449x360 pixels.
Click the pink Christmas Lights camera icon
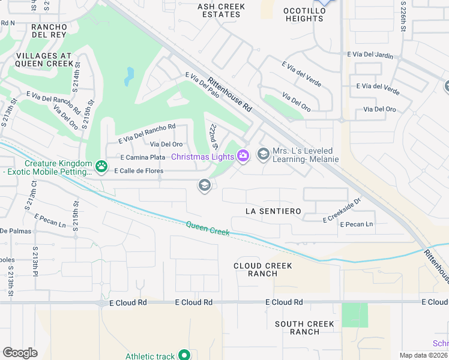point(243,156)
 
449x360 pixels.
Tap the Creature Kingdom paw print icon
point(102,165)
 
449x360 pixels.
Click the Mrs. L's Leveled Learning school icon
point(263,154)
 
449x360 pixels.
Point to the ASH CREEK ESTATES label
point(222,10)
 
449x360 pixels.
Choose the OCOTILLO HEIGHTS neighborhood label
point(304,14)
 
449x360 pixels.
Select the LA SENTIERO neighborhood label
point(273,211)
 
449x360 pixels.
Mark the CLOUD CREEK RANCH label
point(263,269)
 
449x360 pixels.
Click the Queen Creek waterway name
point(207,228)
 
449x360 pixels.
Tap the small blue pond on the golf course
point(130,76)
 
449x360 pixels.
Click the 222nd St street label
point(212,137)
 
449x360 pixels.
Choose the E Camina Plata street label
point(142,157)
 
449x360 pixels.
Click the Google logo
point(20,353)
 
